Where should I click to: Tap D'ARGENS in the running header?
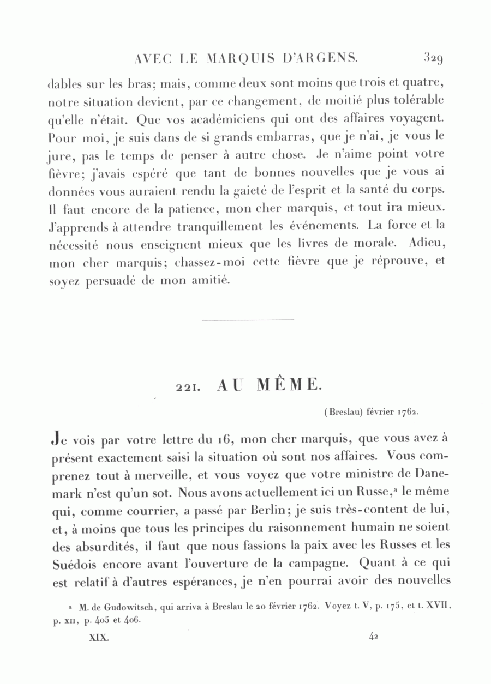click(322, 57)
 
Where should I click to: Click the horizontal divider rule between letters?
click(247, 320)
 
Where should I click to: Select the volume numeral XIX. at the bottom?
click(99, 635)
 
